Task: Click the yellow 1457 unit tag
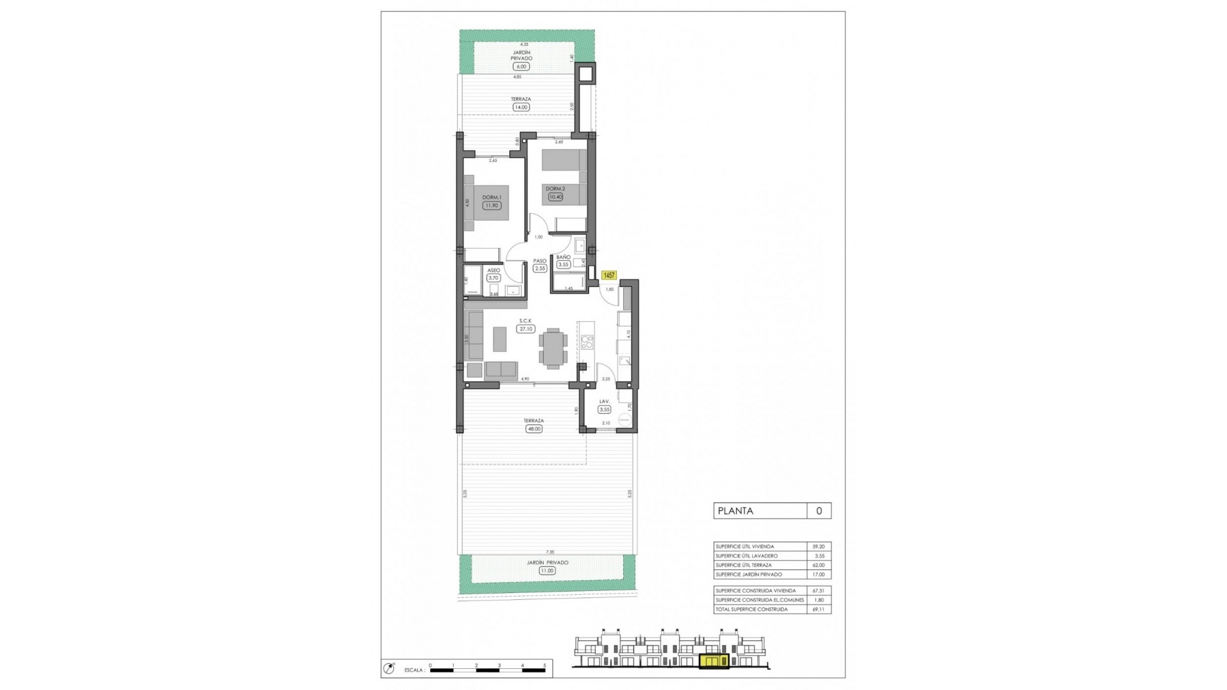coord(608,275)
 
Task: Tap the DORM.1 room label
coord(491,197)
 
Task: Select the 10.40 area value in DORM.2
coord(555,197)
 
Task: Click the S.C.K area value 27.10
coord(525,329)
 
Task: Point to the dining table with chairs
coord(553,348)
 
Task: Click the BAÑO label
coord(563,257)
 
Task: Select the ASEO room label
coord(493,270)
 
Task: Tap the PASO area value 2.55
coord(540,269)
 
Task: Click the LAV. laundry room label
coord(604,401)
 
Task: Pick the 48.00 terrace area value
coord(534,429)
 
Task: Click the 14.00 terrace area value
coord(521,107)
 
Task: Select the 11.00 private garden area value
coord(547,571)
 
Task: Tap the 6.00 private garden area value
coord(521,66)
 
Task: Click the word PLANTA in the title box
coord(736,510)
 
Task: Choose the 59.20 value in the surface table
coord(818,546)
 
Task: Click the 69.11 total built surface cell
coord(818,609)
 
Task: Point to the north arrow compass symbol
coord(389,669)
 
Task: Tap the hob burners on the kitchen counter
coord(587,342)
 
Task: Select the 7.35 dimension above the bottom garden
coord(550,552)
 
